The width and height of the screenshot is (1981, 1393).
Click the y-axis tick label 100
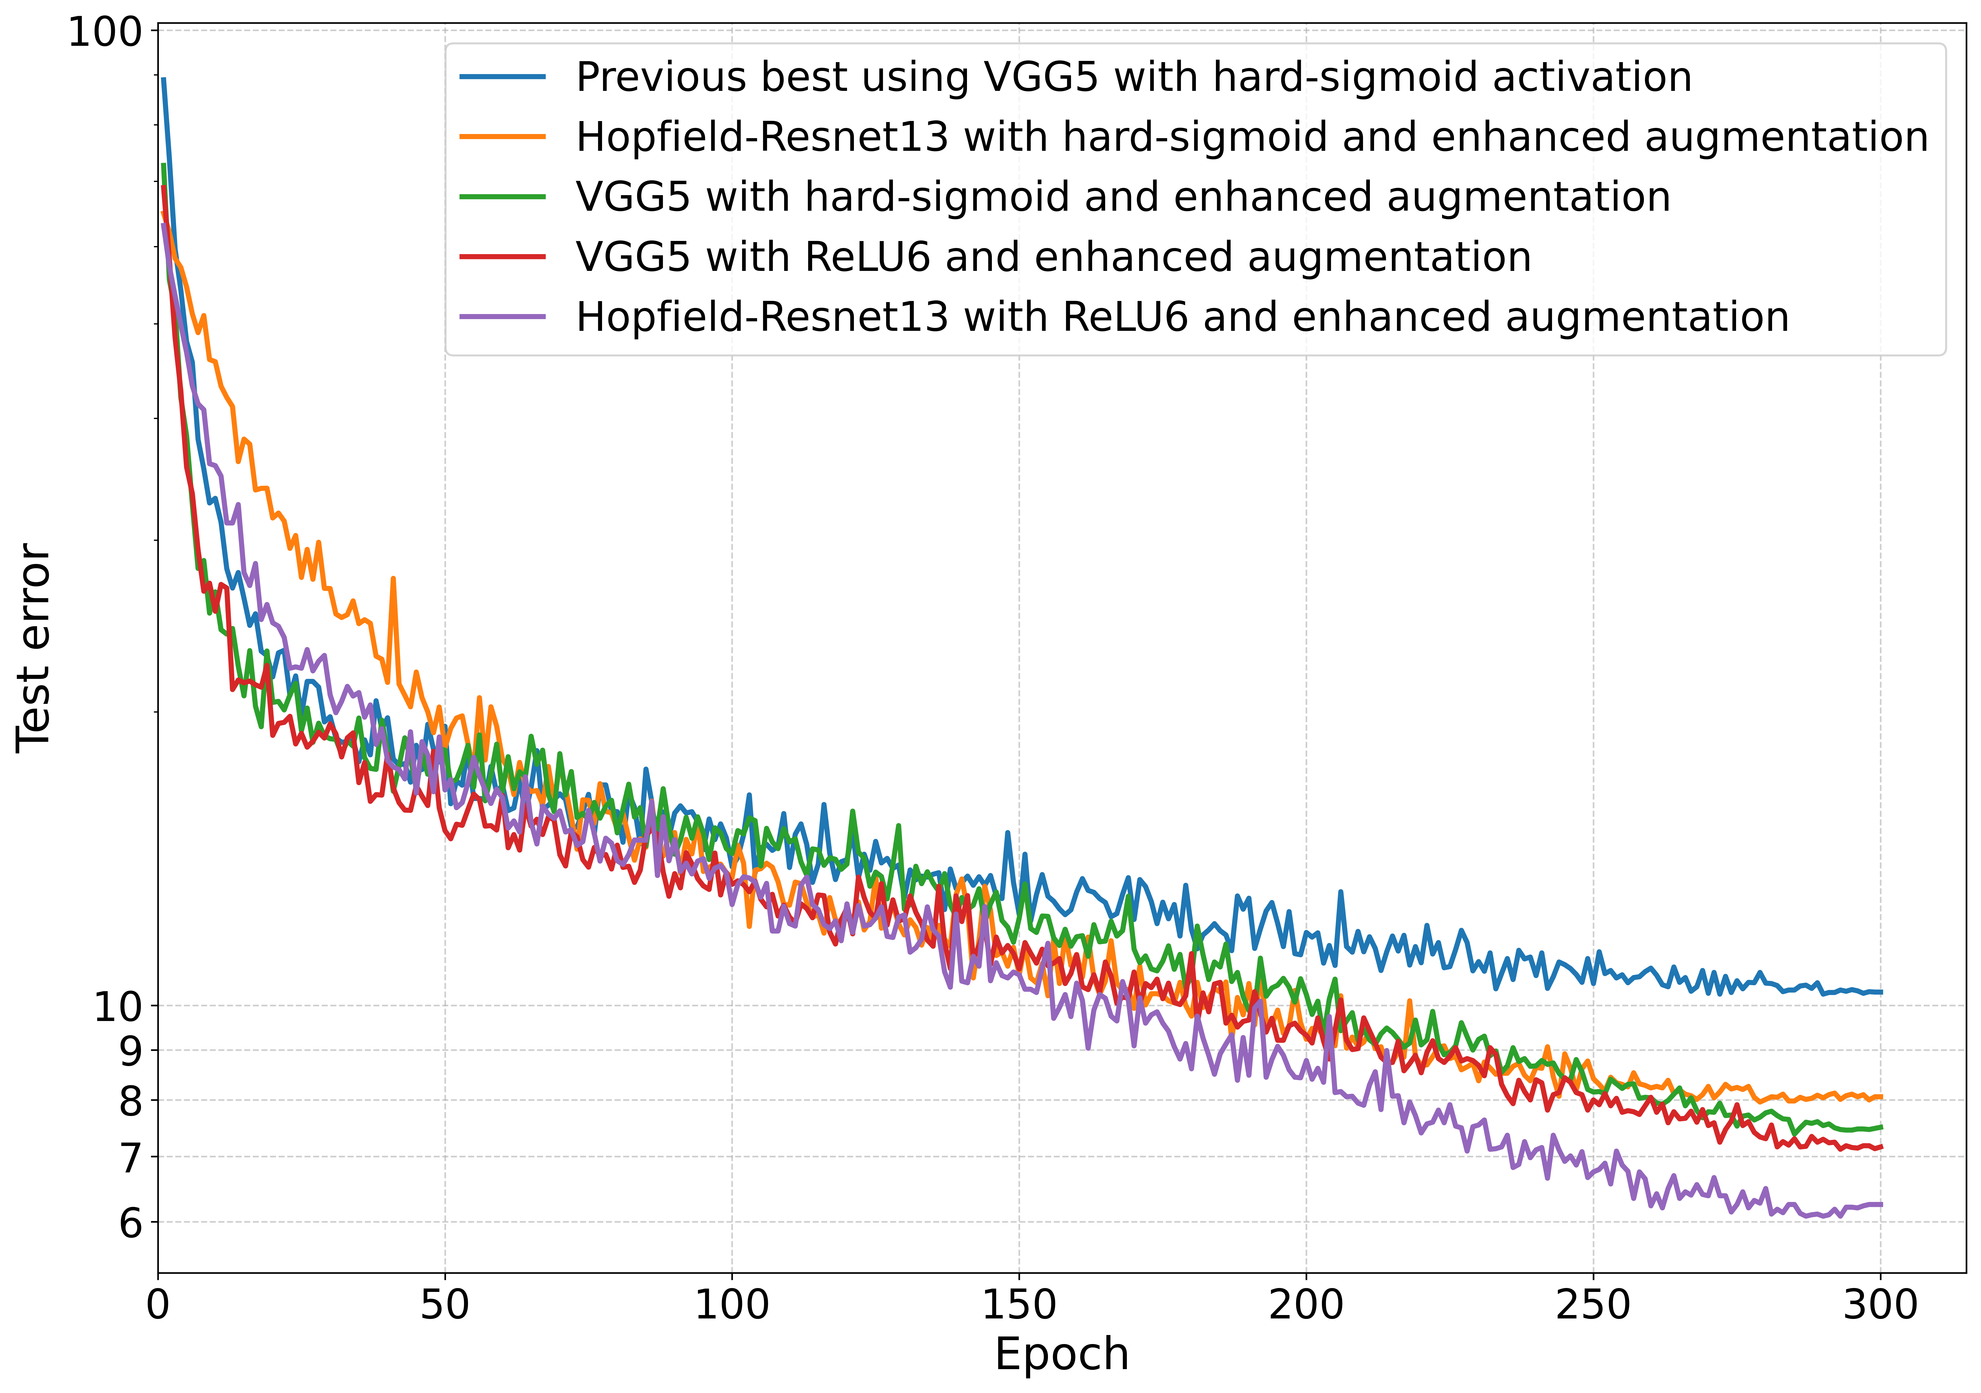click(x=104, y=33)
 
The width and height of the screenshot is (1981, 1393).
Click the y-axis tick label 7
click(x=130, y=1157)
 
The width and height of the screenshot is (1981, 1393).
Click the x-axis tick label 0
click(x=158, y=1304)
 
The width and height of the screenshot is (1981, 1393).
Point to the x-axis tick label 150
click(x=1019, y=1304)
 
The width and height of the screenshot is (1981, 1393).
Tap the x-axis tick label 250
click(x=1593, y=1304)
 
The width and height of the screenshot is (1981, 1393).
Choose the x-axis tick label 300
click(x=1880, y=1304)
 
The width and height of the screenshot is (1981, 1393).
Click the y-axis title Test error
click(x=35, y=649)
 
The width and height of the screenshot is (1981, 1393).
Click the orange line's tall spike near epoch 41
click(x=393, y=580)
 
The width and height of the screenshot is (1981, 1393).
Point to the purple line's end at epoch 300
click(x=1880, y=1204)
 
